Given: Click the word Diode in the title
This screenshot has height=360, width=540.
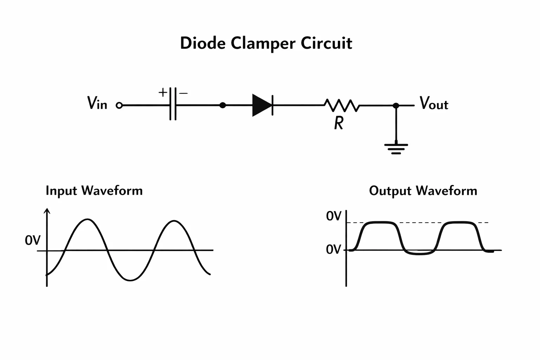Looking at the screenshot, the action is [x=203, y=43].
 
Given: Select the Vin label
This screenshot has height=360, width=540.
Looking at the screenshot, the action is [x=97, y=103].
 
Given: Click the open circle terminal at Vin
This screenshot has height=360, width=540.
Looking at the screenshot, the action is [x=119, y=105].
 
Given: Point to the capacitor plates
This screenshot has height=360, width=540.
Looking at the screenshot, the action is [x=173, y=104].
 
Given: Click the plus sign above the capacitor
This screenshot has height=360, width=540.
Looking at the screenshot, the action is [x=163, y=92].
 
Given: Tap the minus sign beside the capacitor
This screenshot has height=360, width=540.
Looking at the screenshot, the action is [x=184, y=93].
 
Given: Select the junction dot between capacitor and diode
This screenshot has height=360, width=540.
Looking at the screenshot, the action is [x=223, y=105].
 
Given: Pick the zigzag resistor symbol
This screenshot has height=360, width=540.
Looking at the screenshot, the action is [x=342, y=105].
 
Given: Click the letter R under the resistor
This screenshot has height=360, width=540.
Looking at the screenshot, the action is [x=339, y=123].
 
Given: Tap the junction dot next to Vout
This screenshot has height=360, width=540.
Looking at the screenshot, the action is [x=396, y=105].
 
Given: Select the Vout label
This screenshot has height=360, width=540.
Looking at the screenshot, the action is [x=434, y=103].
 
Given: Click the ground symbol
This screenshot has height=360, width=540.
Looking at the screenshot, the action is [x=396, y=148].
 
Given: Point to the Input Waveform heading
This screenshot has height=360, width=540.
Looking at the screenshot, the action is [x=94, y=191].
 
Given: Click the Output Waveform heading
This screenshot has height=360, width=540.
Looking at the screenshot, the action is [x=423, y=191].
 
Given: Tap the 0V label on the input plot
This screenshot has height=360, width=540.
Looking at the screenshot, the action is [x=33, y=240].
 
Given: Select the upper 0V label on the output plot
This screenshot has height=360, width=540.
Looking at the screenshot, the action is [x=334, y=216].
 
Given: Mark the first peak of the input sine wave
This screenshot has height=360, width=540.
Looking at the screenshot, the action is [x=87, y=219].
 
